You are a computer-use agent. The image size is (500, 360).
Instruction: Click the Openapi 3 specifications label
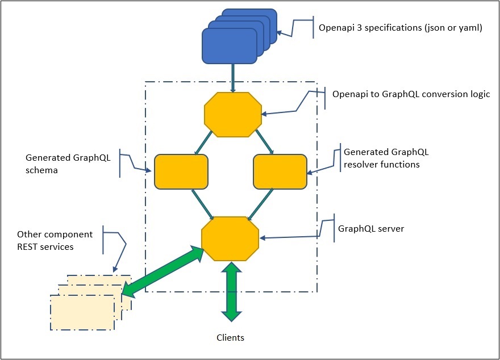click(x=400, y=27)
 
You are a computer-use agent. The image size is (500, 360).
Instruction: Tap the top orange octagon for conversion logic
click(x=233, y=115)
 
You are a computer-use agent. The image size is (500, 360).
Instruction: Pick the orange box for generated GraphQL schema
click(x=181, y=171)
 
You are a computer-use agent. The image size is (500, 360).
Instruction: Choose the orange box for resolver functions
click(x=280, y=171)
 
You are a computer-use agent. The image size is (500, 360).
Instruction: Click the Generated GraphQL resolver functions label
click(x=386, y=158)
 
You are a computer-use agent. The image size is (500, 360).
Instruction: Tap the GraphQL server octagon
click(x=230, y=238)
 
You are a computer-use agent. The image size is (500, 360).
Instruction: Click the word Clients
click(x=230, y=338)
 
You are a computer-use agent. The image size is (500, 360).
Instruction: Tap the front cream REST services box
click(x=82, y=312)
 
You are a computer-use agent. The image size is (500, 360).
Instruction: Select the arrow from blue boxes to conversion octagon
click(x=233, y=77)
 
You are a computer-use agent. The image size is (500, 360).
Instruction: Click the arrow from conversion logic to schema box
click(x=204, y=143)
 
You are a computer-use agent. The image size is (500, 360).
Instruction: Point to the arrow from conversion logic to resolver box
click(x=264, y=142)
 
